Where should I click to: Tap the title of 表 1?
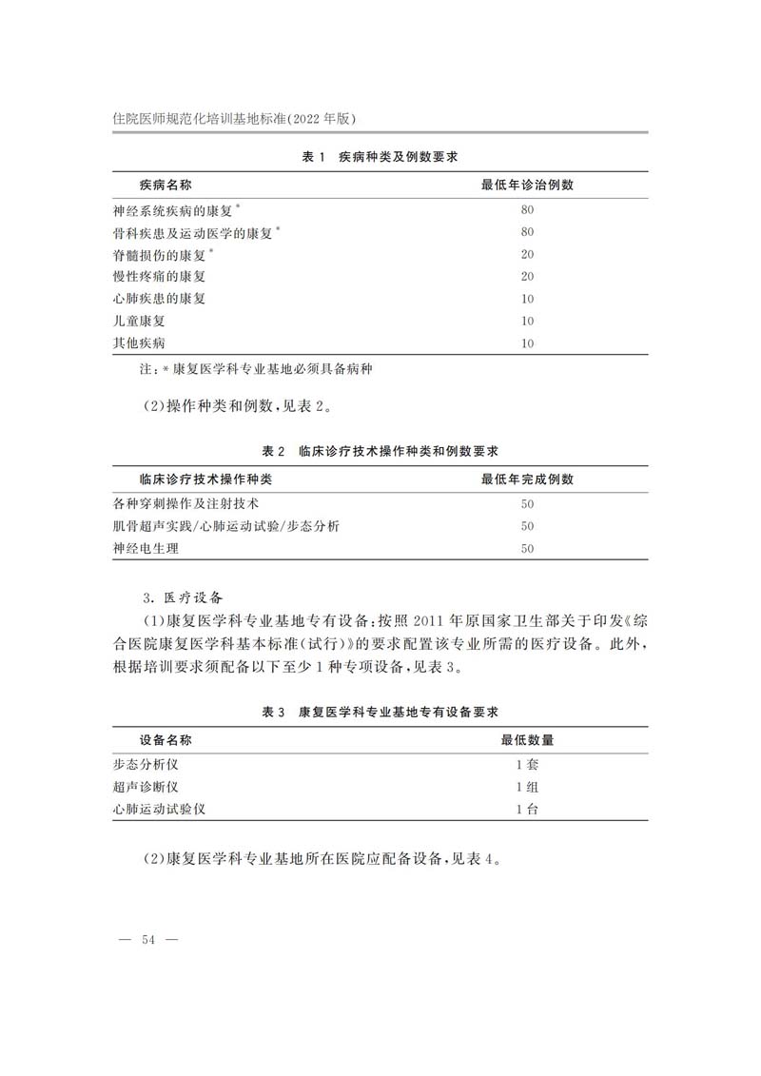coord(382,156)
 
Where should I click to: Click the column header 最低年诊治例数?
coord(527,185)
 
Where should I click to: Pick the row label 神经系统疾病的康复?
coord(172,210)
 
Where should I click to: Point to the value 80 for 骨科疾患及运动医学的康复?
coord(527,232)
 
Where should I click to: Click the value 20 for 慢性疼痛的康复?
coord(527,277)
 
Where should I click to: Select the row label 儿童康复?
coord(139,322)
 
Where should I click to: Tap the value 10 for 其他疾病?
coord(527,343)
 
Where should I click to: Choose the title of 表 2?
coord(380,449)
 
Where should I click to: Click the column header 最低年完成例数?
coord(527,479)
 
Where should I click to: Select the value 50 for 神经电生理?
coord(527,548)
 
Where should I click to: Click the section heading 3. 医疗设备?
coord(181,597)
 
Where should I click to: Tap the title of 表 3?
coord(380,711)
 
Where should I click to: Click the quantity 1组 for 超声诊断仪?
coord(527,787)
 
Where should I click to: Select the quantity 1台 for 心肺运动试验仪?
coord(527,809)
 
